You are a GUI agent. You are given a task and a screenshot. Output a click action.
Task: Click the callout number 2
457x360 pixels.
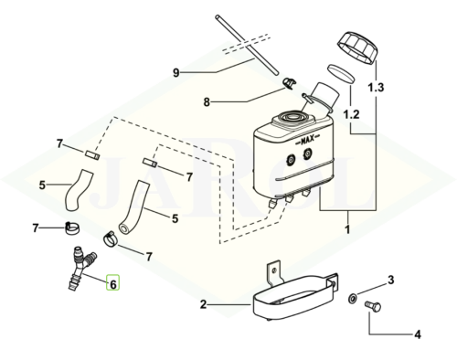point(205,305)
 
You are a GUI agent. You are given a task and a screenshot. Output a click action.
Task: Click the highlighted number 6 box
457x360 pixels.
point(112,284)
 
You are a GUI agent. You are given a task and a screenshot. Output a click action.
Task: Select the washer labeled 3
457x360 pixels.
point(352,298)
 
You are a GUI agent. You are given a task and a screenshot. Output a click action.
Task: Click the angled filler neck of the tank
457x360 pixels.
point(320,93)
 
